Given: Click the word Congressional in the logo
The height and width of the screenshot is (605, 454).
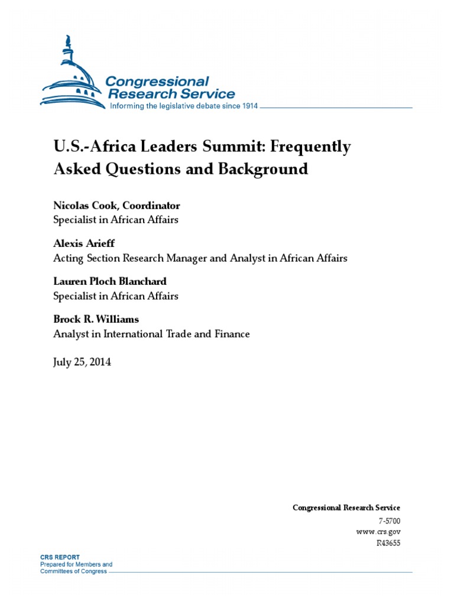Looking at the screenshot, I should [157, 81].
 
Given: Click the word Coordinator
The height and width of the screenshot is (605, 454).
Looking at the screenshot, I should [151, 206].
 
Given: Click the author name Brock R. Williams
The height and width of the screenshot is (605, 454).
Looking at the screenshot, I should [96, 319].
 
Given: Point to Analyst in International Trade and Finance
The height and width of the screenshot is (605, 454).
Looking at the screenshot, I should [151, 334].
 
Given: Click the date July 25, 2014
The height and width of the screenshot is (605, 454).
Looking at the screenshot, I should [82, 362].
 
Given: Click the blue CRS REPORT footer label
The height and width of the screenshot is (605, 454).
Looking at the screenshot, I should [60, 557].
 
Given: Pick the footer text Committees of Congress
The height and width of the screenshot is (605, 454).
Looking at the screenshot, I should [73, 571].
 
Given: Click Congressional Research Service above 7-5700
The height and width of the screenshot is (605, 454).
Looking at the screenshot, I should [346, 508].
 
